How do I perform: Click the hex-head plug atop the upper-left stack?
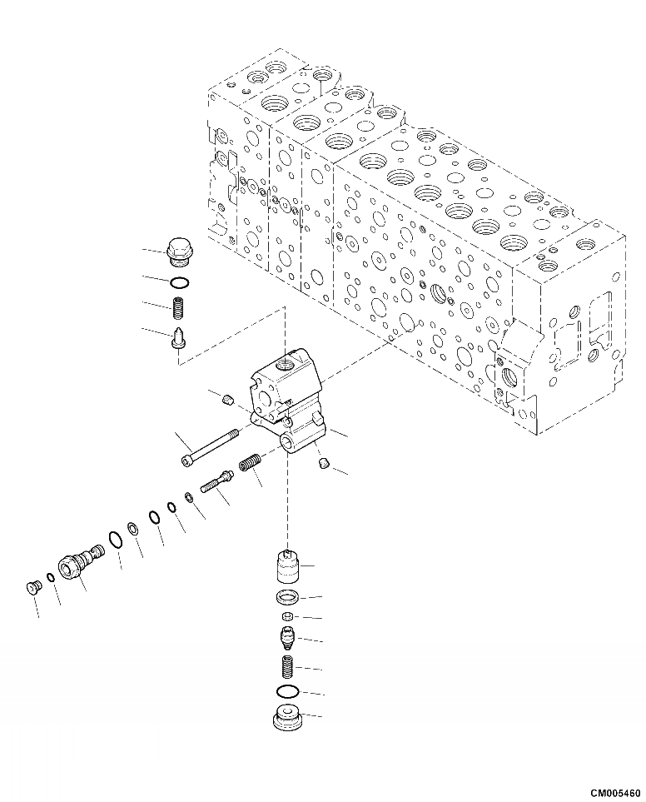(x=178, y=249)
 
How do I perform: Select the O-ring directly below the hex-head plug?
(x=179, y=281)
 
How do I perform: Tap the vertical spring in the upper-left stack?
(x=178, y=309)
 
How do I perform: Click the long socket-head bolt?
(x=209, y=446)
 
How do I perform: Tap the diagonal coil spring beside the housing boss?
(x=251, y=460)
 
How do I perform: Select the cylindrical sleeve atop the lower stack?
(x=286, y=567)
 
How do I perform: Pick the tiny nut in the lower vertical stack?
(x=286, y=616)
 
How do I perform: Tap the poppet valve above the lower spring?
(x=286, y=640)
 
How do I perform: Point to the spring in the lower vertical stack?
(x=286, y=668)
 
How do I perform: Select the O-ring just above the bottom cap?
(x=286, y=693)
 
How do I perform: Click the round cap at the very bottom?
(x=286, y=718)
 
